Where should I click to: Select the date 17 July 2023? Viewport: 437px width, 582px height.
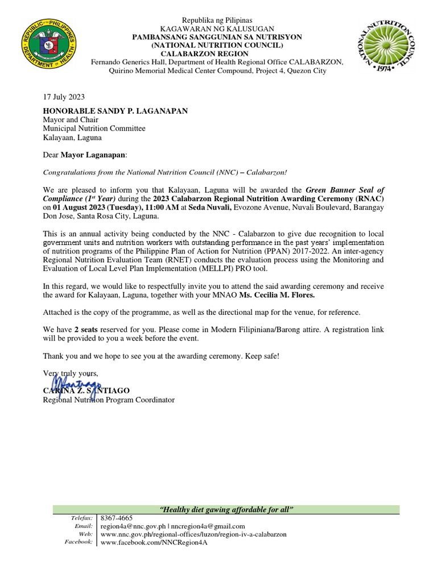[x=64, y=97]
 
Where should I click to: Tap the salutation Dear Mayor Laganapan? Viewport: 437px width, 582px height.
[x=85, y=155]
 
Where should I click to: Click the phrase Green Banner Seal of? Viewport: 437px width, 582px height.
[x=344, y=190]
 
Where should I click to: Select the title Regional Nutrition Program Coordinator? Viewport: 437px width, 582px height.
[x=109, y=400]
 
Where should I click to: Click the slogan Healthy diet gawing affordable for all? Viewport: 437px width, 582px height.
[x=226, y=509]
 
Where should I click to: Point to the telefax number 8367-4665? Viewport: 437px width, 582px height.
[x=116, y=518]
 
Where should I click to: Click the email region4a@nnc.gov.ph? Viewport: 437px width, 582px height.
[x=134, y=526]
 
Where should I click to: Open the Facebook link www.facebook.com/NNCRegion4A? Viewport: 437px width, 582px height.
[x=154, y=542]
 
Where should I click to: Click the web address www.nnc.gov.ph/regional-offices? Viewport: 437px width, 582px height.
[x=193, y=534]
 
